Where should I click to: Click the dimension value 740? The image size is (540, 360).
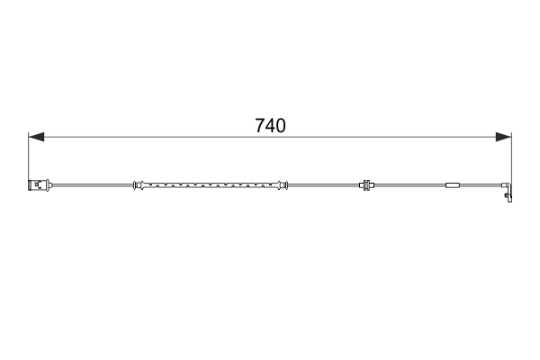270,127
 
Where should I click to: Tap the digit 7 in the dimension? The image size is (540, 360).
259,127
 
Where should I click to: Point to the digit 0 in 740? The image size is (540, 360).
281,127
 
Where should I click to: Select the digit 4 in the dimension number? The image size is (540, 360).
270,127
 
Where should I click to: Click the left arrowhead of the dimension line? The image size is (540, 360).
35,138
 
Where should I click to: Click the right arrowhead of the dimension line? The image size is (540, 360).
504,138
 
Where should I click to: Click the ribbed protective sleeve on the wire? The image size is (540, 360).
209,187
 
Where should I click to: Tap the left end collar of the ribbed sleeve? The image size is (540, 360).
138,187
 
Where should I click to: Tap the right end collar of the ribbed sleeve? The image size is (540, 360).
283,187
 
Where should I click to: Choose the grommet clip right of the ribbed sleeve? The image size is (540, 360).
367,187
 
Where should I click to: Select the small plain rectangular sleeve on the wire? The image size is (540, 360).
453,187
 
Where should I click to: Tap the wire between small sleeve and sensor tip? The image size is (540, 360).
481,187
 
